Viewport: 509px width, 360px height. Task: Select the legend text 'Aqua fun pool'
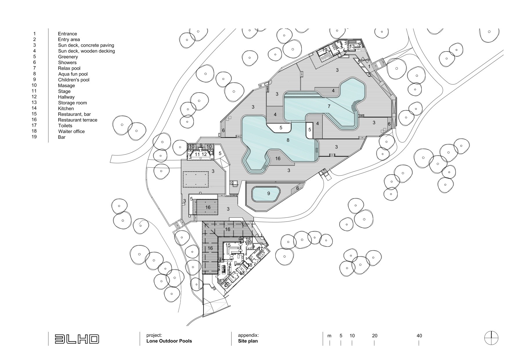coord(73,74)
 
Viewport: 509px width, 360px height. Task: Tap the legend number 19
coord(34,137)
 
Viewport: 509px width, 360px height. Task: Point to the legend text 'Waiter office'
coord(71,131)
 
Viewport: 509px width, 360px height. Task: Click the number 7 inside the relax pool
coord(329,106)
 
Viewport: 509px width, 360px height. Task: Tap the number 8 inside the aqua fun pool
coord(288,140)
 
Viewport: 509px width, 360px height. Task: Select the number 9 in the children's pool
coord(268,193)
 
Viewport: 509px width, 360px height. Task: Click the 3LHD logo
coord(77,339)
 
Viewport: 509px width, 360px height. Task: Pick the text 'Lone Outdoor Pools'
coord(169,341)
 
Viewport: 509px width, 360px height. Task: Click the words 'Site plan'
coord(248,341)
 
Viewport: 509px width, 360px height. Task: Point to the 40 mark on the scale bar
coord(419,336)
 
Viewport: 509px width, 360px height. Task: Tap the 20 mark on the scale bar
coord(374,336)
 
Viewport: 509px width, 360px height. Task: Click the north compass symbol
coord(492,339)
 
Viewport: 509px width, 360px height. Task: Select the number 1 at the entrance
coord(369,66)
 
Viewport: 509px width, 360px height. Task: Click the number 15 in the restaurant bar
coord(228,245)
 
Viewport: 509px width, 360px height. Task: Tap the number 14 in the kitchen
coord(229,264)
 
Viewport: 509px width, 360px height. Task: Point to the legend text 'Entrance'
coord(67,34)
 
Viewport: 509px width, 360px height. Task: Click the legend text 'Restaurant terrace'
coord(77,120)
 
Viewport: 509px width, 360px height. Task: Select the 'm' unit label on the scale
coord(329,336)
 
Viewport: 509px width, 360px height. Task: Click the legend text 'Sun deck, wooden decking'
coord(86,51)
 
